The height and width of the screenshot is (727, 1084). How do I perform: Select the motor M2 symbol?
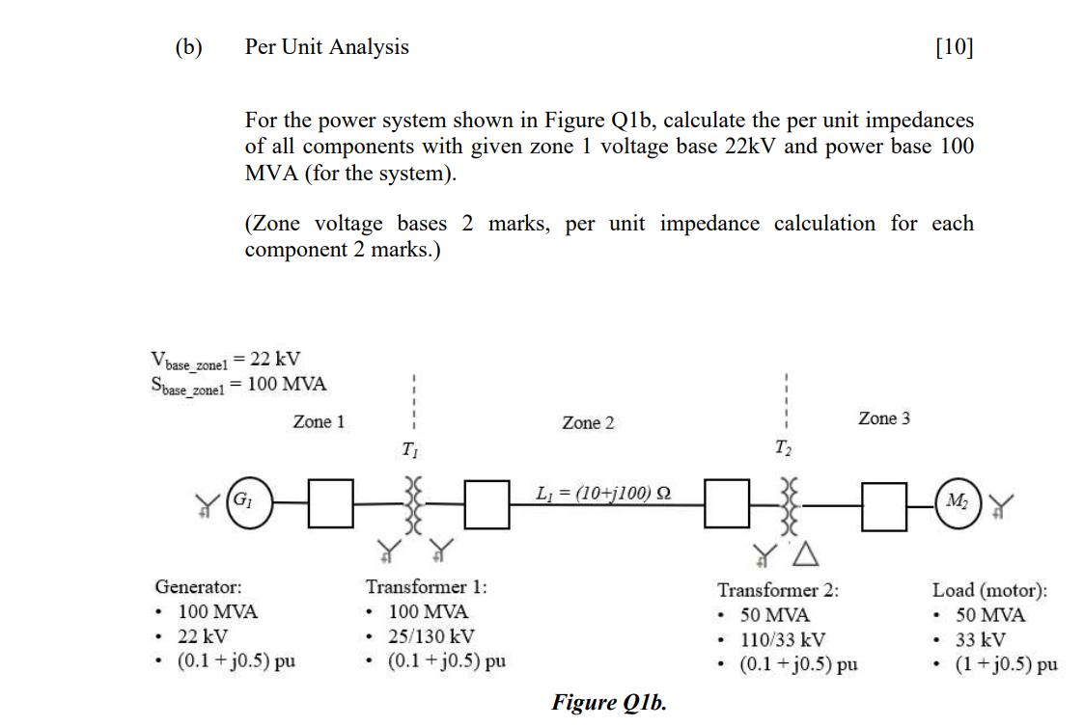[959, 502]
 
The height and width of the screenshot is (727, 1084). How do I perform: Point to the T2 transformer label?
[784, 447]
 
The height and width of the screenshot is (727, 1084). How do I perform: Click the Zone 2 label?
[588, 423]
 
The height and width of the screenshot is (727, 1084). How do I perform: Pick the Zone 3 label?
[883, 418]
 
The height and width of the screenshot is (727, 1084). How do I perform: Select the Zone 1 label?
[319, 421]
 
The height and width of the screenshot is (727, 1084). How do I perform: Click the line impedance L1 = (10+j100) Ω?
[602, 493]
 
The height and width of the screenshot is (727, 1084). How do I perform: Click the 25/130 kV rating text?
[431, 636]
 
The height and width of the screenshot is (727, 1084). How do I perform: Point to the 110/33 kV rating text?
[782, 639]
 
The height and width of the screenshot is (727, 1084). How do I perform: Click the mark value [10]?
[955, 47]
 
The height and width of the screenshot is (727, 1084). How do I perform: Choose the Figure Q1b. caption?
[608, 702]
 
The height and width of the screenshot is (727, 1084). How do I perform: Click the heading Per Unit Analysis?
[326, 47]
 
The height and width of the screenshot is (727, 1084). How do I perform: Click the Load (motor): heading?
[989, 589]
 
